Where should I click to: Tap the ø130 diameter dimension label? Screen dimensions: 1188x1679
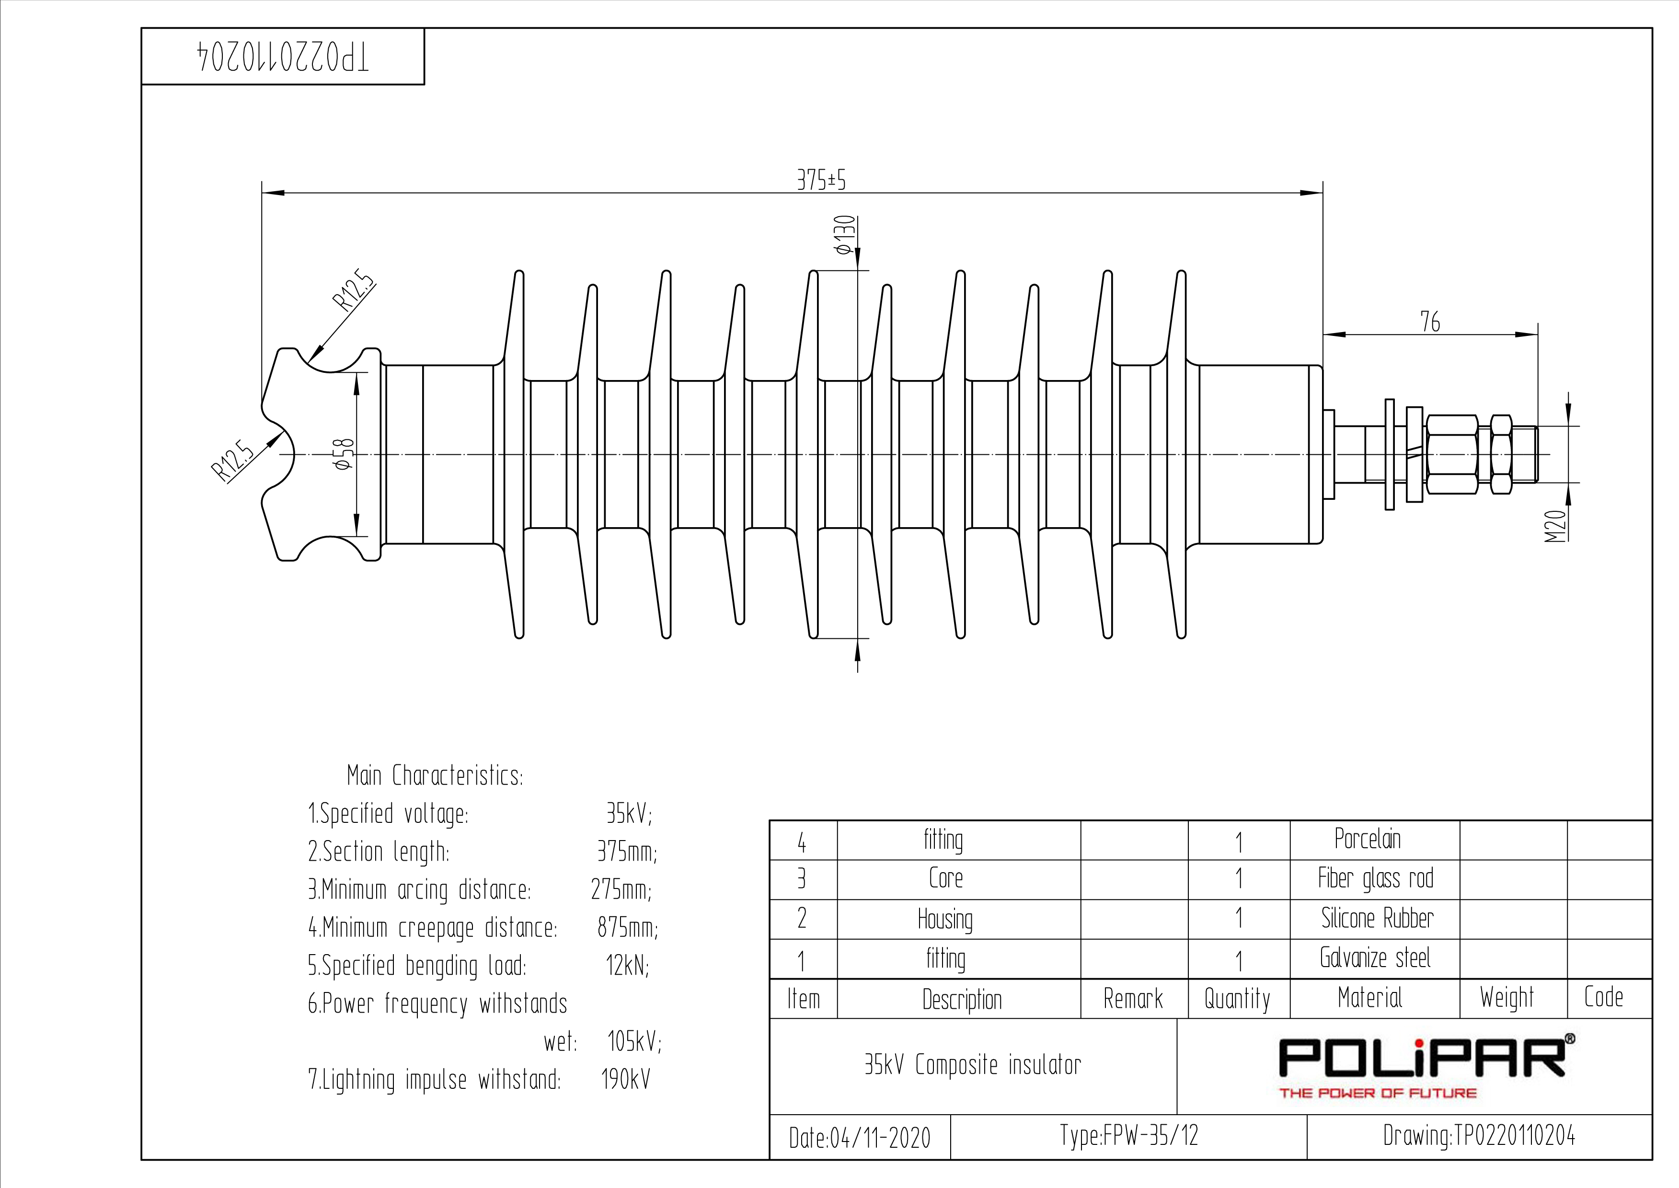845,236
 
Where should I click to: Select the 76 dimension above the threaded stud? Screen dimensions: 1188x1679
1430,322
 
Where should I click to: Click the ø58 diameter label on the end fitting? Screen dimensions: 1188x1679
344,454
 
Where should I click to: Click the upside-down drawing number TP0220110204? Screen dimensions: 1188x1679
284,57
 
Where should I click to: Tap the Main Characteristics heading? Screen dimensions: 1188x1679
435,775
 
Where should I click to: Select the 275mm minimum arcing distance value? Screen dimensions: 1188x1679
621,889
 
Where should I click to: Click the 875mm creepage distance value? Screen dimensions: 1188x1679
627,928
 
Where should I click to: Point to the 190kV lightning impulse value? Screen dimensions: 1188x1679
626,1079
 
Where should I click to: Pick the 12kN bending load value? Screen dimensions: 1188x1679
627,966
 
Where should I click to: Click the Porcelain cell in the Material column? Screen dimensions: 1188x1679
1368,839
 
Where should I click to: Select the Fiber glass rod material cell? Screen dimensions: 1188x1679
1376,878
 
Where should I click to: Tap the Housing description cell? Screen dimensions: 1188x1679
945,919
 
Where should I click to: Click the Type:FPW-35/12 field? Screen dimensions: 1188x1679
1129,1135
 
